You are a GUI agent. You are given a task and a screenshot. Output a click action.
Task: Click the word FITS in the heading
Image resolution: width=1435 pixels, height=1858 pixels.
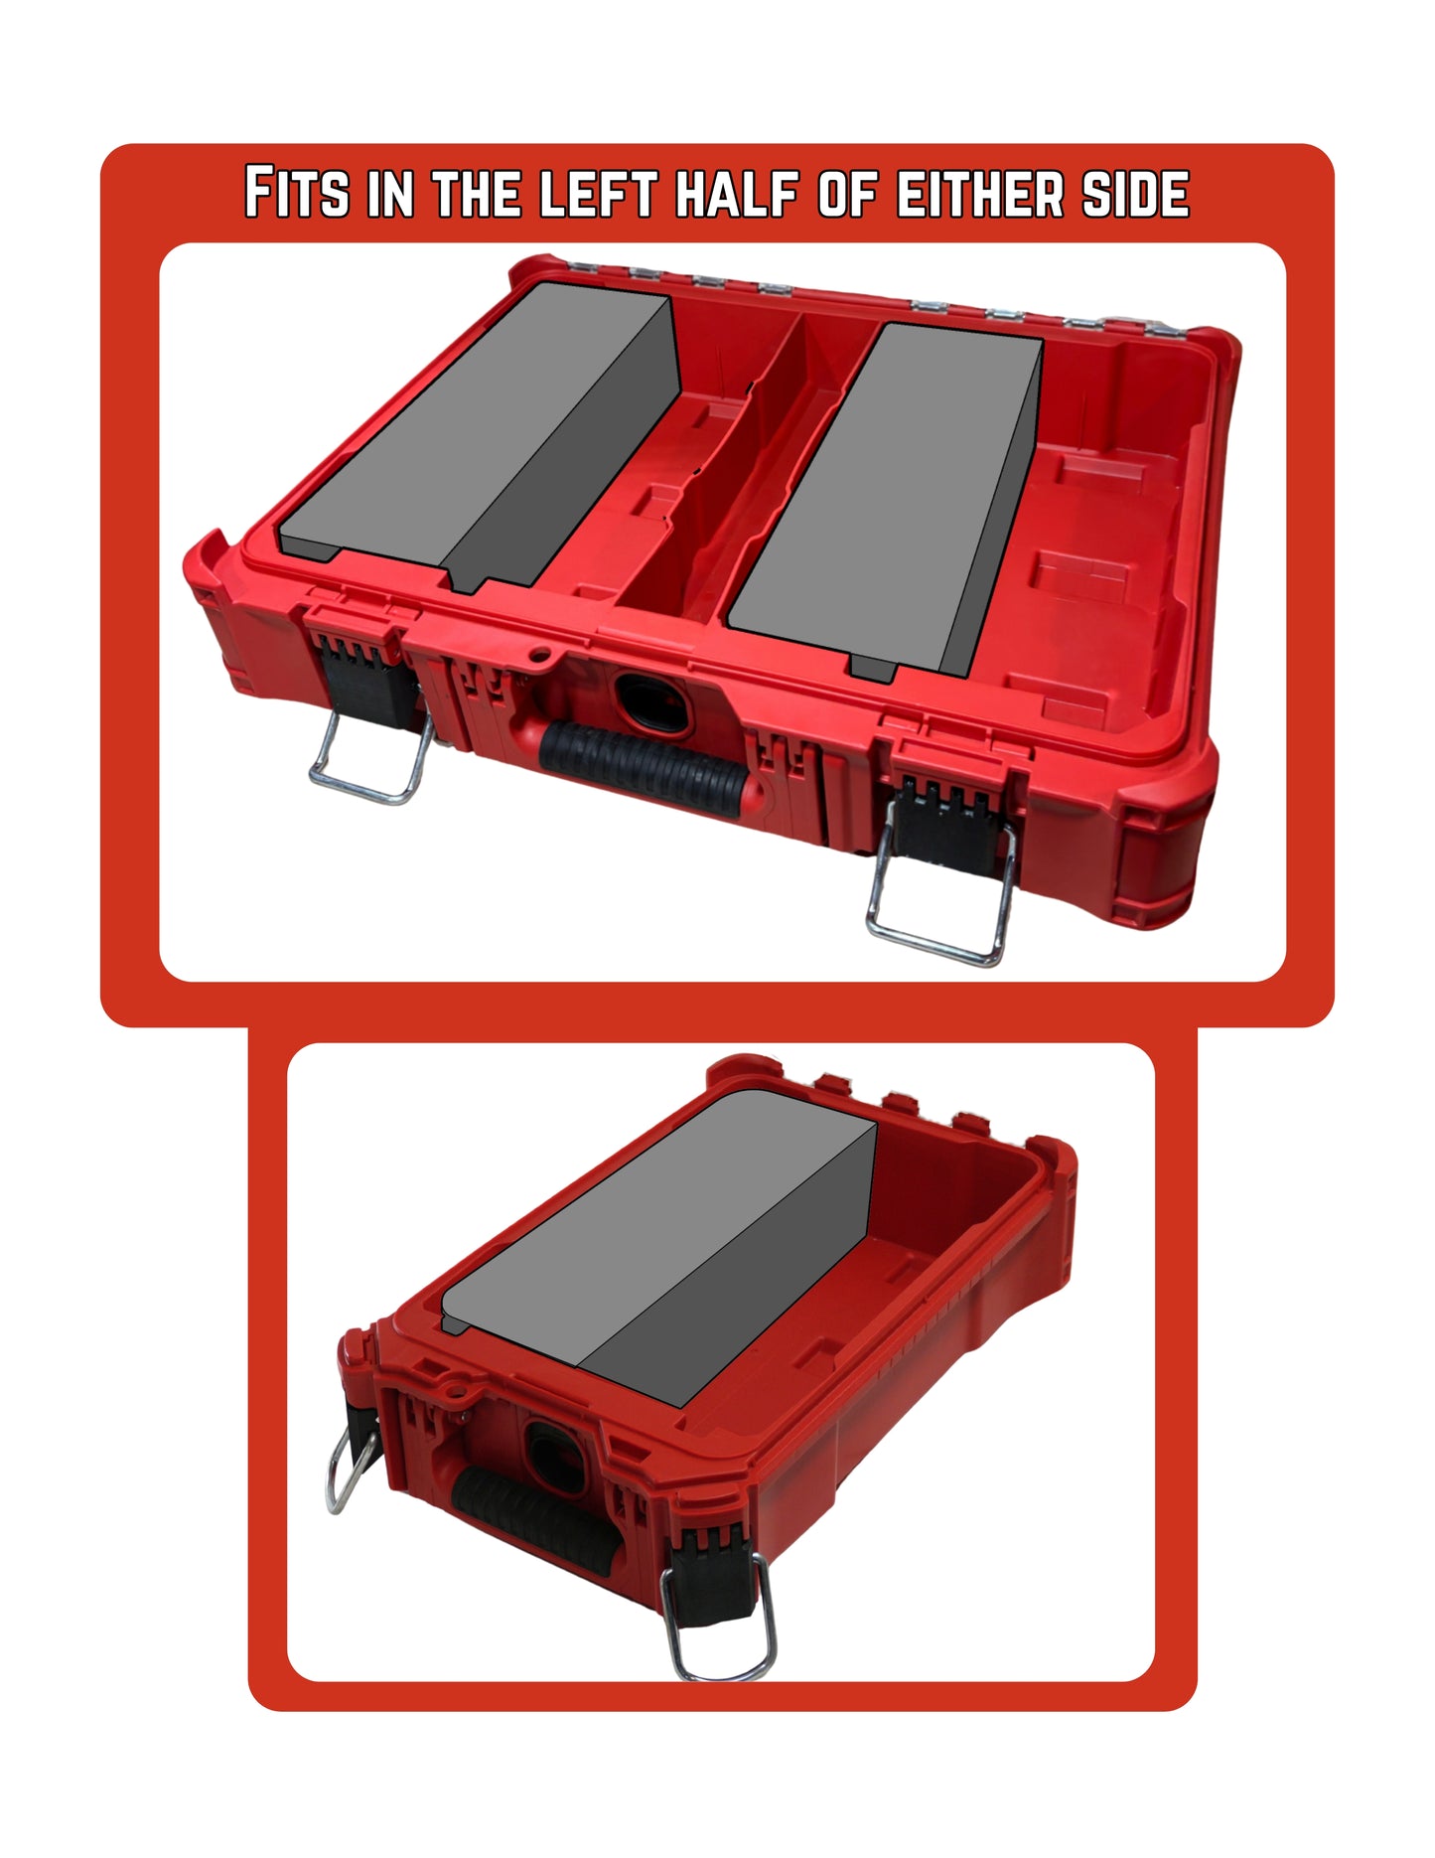(x=296, y=193)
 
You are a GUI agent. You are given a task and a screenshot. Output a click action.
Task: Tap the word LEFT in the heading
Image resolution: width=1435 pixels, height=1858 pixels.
(x=598, y=193)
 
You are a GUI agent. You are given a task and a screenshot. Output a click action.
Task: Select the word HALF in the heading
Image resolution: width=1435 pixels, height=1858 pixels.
(x=737, y=193)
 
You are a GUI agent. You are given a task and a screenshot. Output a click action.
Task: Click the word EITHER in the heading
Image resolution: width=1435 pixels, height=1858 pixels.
(x=980, y=193)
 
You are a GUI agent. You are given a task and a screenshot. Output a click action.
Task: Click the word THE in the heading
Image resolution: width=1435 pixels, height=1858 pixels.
(x=477, y=193)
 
